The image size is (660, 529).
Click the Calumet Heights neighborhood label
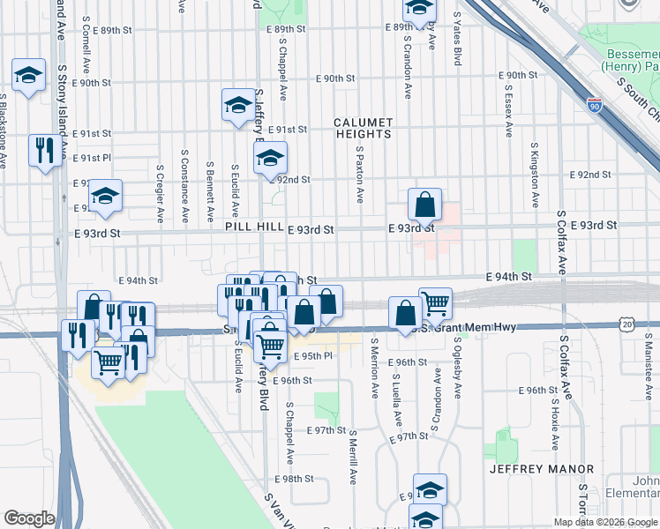click(x=363, y=128)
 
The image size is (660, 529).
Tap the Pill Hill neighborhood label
click(x=253, y=227)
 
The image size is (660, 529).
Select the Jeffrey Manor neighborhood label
click(x=542, y=469)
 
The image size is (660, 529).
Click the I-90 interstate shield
click(x=594, y=106)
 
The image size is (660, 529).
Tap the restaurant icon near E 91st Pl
click(x=42, y=150)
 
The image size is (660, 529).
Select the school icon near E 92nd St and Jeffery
click(x=270, y=160)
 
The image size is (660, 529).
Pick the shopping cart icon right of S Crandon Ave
click(x=435, y=304)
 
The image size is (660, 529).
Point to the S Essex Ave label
click(x=509, y=110)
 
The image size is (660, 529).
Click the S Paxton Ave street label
click(x=360, y=174)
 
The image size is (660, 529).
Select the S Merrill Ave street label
click(x=352, y=457)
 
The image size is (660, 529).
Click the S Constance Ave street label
click(x=185, y=192)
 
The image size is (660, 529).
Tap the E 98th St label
click(x=294, y=479)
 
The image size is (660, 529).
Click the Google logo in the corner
click(x=29, y=518)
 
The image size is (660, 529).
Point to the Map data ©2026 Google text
click(x=604, y=522)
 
